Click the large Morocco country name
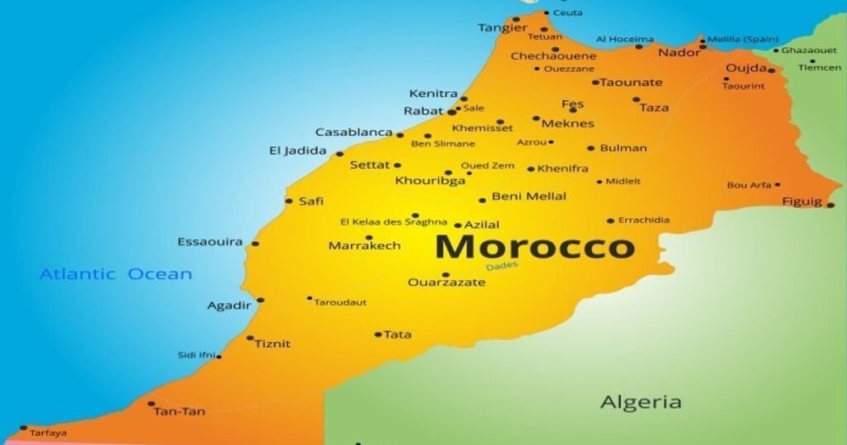[535, 246]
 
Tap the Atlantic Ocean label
[116, 274]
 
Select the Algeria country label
[641, 403]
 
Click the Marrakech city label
[364, 246]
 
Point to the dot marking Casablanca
[400, 135]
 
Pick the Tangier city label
[502, 28]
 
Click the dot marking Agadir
[261, 300]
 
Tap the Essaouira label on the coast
[210, 242]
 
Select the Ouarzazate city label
[447, 283]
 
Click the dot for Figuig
[830, 205]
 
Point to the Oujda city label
[746, 68]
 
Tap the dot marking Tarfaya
[23, 428]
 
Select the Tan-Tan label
[179, 412]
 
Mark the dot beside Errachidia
[610, 221]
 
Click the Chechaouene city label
[553, 56]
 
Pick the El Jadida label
[297, 151]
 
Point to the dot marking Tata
[378, 335]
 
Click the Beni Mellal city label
[529, 197]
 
